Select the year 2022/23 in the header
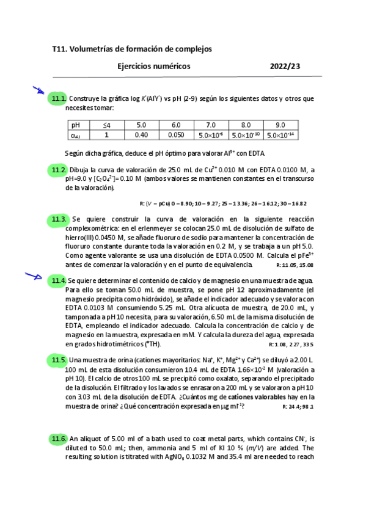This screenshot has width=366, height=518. tap(285, 66)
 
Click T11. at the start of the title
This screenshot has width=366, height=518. tap(60, 48)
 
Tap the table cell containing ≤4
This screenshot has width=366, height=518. tap(107, 125)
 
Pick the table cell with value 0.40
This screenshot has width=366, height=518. tap(141, 135)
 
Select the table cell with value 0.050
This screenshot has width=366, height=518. tap(176, 135)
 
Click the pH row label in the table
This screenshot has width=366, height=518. tap(76, 125)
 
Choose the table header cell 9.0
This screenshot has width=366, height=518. tap(280, 125)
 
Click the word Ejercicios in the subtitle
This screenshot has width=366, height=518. tap(136, 66)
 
